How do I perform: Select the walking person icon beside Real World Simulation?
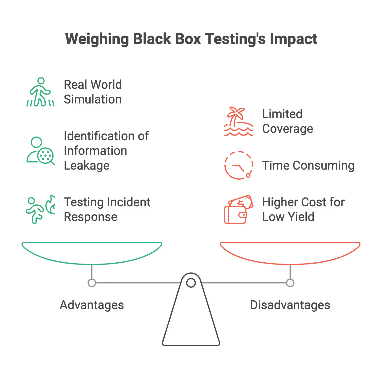[x=40, y=92]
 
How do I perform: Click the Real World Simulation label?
[x=93, y=92]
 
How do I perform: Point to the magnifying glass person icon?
[x=40, y=151]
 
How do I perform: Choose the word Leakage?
[x=87, y=166]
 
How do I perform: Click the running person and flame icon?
[x=40, y=210]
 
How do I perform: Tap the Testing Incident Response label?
[x=107, y=210]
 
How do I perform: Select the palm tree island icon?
[x=239, y=122]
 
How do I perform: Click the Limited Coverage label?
[x=287, y=122]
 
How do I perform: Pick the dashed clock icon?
[x=239, y=165]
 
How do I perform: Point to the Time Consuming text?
[x=308, y=166]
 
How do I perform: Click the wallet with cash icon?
[x=239, y=210]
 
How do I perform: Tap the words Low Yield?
[x=288, y=217]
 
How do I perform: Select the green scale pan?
[x=92, y=253]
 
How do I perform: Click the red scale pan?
[x=290, y=253]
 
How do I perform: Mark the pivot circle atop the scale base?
[x=191, y=283]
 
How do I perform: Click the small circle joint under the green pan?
[x=92, y=283]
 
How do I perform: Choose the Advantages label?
[x=92, y=305]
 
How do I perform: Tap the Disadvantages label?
[x=290, y=305]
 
